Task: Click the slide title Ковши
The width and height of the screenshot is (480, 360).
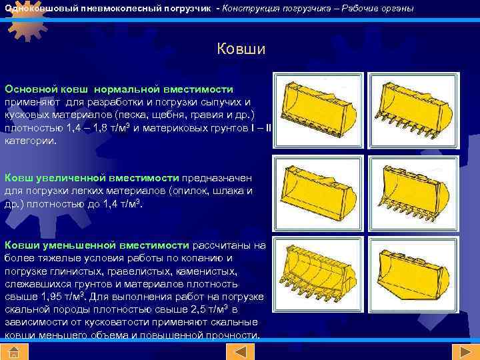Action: [241, 49]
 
